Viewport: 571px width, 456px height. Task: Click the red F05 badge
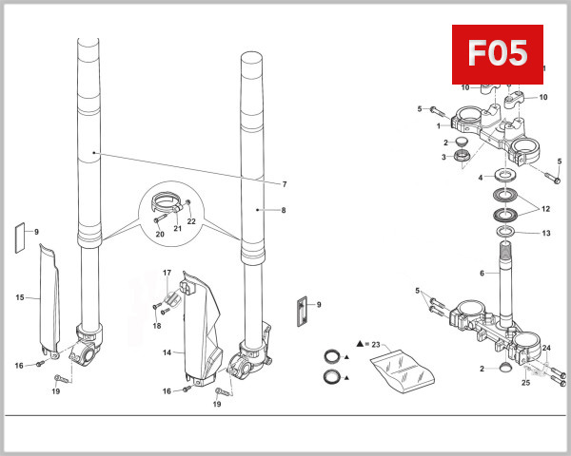click(x=497, y=53)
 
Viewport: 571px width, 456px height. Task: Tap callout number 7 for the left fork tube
click(x=284, y=183)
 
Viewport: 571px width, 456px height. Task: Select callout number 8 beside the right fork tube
click(x=284, y=209)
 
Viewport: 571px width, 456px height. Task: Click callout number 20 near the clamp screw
click(x=159, y=234)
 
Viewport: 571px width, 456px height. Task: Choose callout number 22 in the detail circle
click(x=191, y=221)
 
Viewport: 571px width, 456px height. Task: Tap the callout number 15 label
click(x=19, y=297)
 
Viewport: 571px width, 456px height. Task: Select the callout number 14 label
click(x=167, y=352)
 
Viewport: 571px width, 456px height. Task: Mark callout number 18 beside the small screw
click(x=157, y=326)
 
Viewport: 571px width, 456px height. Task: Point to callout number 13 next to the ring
click(x=545, y=233)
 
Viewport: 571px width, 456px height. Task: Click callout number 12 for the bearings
click(x=545, y=208)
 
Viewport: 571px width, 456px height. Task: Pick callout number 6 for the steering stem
click(x=482, y=274)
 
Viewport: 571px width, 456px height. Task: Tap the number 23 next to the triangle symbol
click(x=375, y=343)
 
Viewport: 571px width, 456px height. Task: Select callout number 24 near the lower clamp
click(x=546, y=348)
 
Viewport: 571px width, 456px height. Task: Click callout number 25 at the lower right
click(x=525, y=383)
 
